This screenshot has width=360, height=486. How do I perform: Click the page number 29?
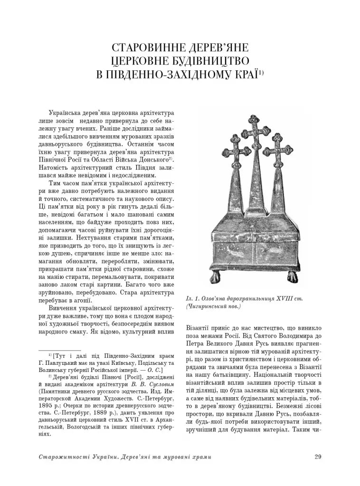318,457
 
